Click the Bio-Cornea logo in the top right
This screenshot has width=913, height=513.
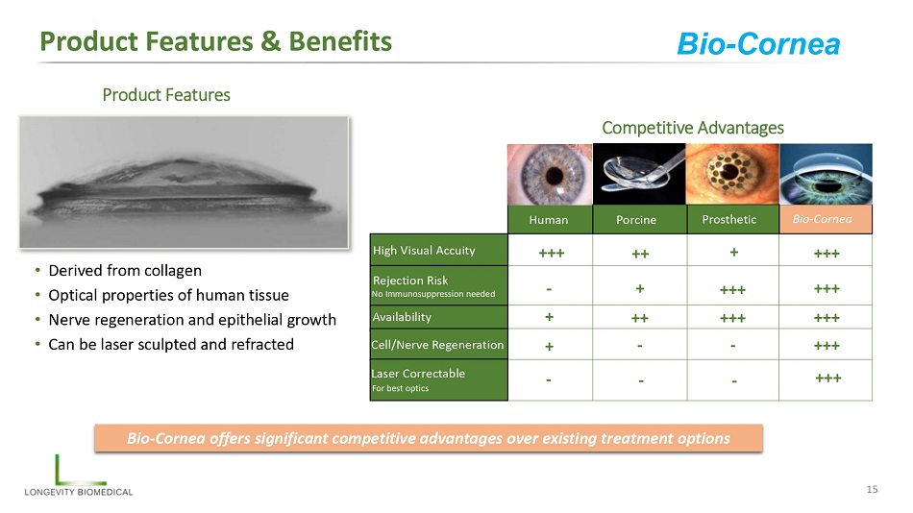[758, 43]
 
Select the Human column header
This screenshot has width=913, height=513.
[550, 220]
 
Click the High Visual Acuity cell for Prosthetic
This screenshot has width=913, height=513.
[732, 251]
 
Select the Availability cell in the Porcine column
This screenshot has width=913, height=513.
[639, 317]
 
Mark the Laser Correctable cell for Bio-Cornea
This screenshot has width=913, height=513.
[826, 379]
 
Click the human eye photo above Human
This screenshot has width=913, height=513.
[550, 174]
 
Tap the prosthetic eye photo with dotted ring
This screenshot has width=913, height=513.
[732, 174]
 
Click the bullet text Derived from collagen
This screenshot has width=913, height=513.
[125, 271]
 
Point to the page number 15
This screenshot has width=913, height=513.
[872, 489]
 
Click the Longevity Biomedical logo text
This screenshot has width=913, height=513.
[79, 492]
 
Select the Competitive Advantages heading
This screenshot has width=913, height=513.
[693, 128]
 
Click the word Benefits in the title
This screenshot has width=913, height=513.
[340, 41]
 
